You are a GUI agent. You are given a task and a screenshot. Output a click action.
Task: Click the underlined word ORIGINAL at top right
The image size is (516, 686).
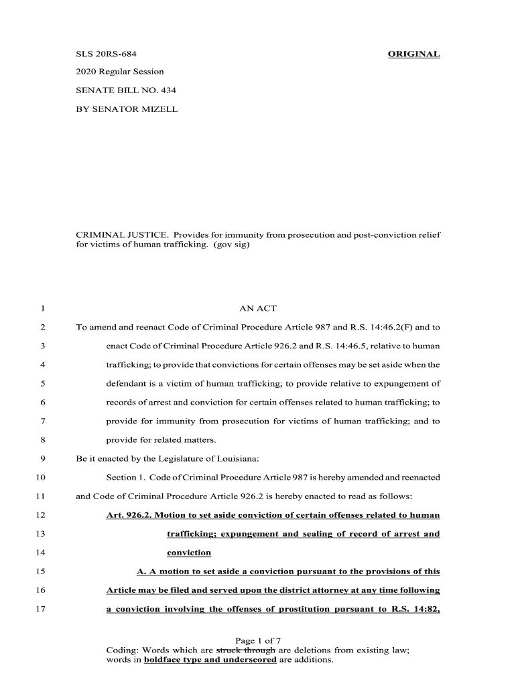(413, 54)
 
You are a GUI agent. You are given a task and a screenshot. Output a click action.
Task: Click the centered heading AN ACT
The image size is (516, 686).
(257, 309)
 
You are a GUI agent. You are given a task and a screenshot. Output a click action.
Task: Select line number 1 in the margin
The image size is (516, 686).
(42, 309)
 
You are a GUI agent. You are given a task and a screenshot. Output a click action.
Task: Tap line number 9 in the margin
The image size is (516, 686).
(42, 459)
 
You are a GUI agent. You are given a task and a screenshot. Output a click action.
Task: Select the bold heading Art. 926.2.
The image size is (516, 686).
(131, 515)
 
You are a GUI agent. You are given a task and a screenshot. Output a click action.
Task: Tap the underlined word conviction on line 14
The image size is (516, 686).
(189, 553)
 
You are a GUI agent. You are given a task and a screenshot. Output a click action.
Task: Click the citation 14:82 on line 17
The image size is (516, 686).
(424, 609)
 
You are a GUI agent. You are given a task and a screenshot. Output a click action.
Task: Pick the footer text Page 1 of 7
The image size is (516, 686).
(258, 641)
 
